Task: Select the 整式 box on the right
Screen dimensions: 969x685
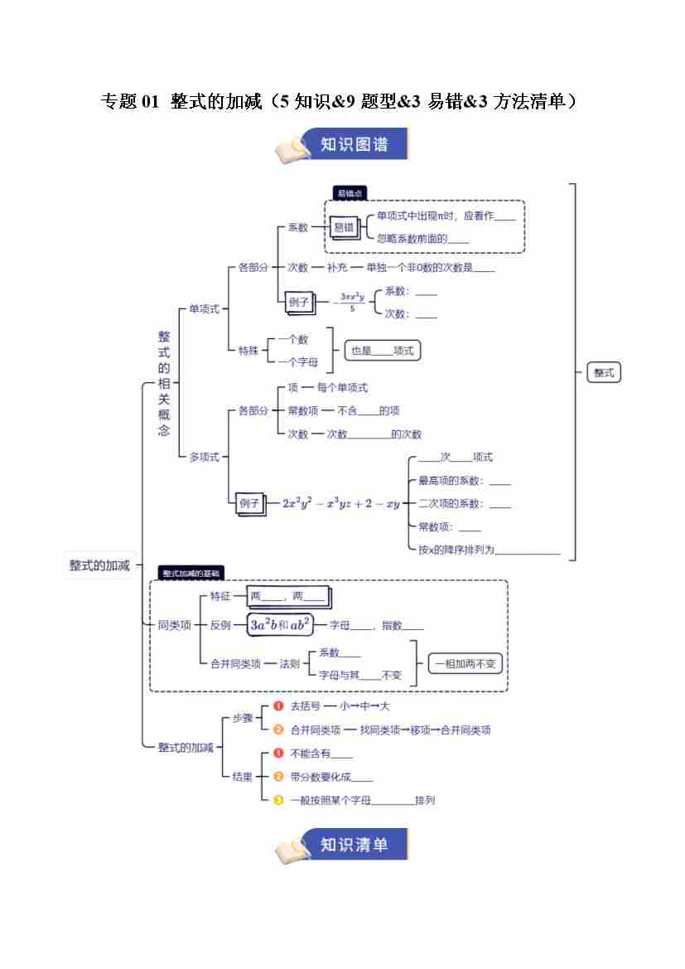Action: click(604, 373)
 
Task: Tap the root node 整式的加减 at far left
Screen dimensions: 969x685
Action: click(99, 565)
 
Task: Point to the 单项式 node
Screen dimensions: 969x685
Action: click(204, 308)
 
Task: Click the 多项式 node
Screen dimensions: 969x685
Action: click(204, 457)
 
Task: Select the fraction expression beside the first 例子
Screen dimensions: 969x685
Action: click(352, 302)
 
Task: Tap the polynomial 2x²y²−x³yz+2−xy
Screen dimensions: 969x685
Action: click(340, 503)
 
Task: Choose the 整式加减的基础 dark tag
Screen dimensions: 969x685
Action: click(191, 573)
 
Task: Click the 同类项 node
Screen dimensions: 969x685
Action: click(174, 625)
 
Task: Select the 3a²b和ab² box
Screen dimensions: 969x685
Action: click(280, 625)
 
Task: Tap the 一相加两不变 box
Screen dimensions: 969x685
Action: click(466, 663)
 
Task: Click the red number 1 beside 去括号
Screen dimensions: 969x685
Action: click(278, 706)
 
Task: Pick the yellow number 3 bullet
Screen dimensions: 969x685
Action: click(278, 800)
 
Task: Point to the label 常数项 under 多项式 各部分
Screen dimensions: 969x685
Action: click(297, 410)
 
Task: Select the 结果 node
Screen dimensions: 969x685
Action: click(242, 777)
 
